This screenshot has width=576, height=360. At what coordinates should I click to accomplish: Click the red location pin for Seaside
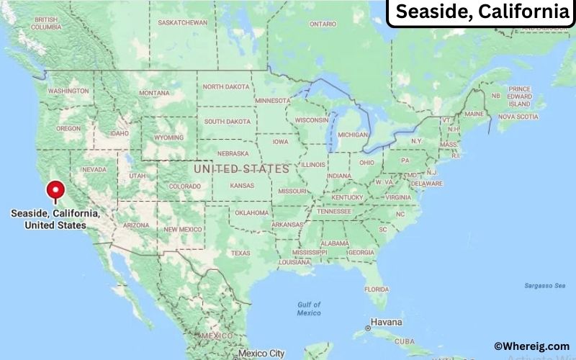pyautogui.click(x=55, y=190)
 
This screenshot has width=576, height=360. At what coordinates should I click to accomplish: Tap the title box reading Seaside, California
pyautogui.click(x=482, y=12)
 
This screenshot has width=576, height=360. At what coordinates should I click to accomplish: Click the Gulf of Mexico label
pyautogui.click(x=309, y=309)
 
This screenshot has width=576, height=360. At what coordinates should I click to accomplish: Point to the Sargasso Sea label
pyautogui.click(x=544, y=286)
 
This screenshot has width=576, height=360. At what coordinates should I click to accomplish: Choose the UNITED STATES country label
pyautogui.click(x=241, y=168)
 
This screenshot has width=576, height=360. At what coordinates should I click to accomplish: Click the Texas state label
pyautogui.click(x=240, y=253)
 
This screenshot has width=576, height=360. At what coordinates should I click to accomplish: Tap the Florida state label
pyautogui.click(x=376, y=289)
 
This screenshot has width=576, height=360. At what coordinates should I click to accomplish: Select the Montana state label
pyautogui.click(x=154, y=93)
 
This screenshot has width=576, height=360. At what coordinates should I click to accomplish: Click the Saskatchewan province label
pyautogui.click(x=182, y=22)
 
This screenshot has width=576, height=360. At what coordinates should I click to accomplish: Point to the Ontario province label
pyautogui.click(x=323, y=24)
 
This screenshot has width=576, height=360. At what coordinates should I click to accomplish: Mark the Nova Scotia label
pyautogui.click(x=518, y=116)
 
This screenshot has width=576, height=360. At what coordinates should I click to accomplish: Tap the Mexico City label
pyautogui.click(x=262, y=354)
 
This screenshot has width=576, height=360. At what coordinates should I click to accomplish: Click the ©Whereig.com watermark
pyautogui.click(x=531, y=346)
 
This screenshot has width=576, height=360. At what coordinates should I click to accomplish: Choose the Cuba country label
pyautogui.click(x=402, y=341)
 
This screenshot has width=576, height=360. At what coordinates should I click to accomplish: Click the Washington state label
pyautogui.click(x=68, y=91)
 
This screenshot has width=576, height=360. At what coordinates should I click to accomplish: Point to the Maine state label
pyautogui.click(x=474, y=114)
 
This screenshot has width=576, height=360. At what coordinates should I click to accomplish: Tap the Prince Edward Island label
pyautogui.click(x=519, y=96)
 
